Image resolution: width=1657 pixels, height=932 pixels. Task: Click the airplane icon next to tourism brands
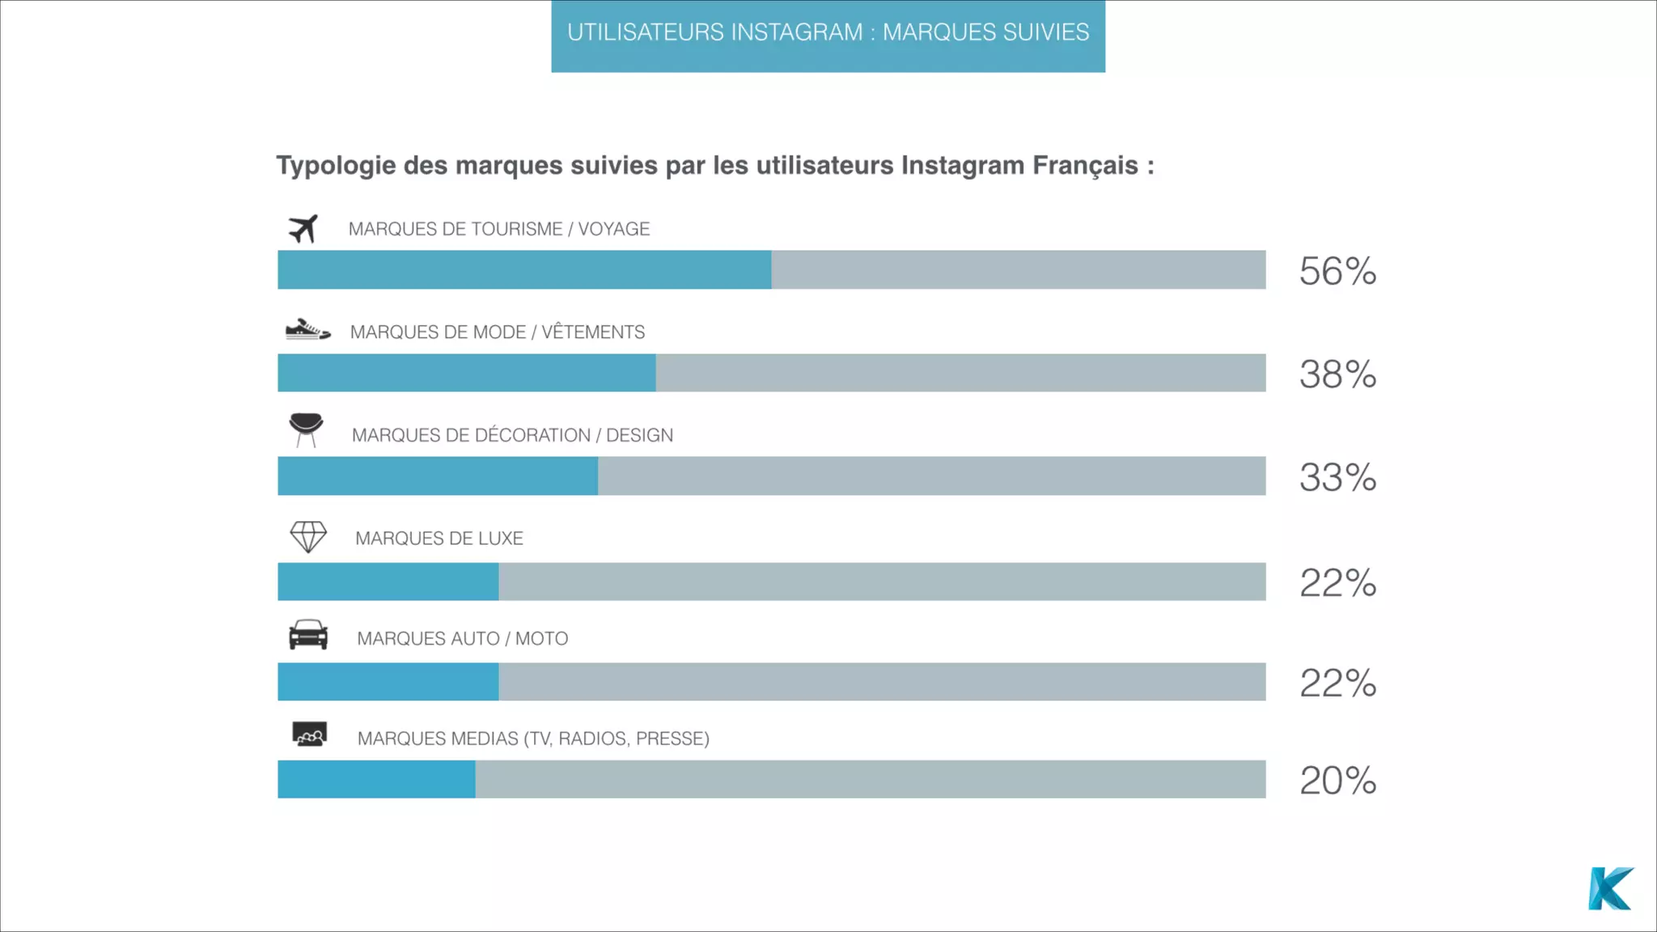pyautogui.click(x=303, y=229)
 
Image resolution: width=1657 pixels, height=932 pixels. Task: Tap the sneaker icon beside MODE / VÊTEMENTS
pyautogui.click(x=307, y=330)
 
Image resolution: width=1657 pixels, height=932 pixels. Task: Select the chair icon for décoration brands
pyautogui.click(x=306, y=429)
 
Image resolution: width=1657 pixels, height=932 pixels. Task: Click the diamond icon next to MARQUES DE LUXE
pyautogui.click(x=308, y=536)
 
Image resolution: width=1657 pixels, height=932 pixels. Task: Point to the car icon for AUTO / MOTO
pyautogui.click(x=308, y=635)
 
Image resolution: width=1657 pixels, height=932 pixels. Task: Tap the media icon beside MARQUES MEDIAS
pyautogui.click(x=309, y=734)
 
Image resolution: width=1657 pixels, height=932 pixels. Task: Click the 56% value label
pyautogui.click(x=1337, y=271)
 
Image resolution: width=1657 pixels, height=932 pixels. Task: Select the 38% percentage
pyautogui.click(x=1337, y=374)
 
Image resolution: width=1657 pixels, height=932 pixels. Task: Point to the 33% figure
pyautogui.click(x=1337, y=477)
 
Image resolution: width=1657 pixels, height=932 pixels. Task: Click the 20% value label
pyautogui.click(x=1337, y=781)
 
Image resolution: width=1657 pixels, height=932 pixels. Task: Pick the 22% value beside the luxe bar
pyautogui.click(x=1337, y=583)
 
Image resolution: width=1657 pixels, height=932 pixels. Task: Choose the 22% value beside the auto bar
pyautogui.click(x=1337, y=684)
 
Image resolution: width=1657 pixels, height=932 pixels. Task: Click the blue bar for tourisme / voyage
pyautogui.click(x=524, y=269)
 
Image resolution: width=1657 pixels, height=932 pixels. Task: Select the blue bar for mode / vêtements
pyautogui.click(x=466, y=373)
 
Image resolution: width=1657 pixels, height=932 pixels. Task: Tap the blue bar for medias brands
pyautogui.click(x=376, y=779)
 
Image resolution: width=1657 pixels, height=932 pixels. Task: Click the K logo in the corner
pyautogui.click(x=1610, y=889)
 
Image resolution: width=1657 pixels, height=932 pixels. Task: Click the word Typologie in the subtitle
pyautogui.click(x=336, y=166)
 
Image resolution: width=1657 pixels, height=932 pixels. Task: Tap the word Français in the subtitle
pyautogui.click(x=1085, y=165)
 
